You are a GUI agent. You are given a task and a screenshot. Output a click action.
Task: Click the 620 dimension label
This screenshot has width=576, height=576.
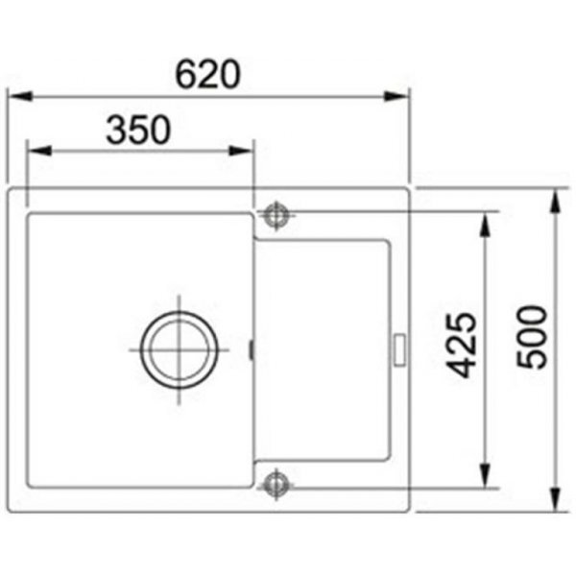tap(208, 75)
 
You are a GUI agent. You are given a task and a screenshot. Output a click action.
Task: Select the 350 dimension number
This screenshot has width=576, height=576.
tap(138, 130)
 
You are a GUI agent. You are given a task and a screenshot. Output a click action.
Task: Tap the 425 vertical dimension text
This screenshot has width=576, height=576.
tap(461, 345)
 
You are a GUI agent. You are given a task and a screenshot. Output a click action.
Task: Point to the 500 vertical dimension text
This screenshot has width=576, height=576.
tap(532, 337)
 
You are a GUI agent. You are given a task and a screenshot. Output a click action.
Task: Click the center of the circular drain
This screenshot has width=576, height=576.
tap(180, 349)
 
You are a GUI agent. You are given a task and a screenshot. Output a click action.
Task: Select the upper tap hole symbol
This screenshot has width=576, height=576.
tap(276, 216)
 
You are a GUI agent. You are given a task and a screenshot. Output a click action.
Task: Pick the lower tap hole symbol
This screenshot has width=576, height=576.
tap(276, 485)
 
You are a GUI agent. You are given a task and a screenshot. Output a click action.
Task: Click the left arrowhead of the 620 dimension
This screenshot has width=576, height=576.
tap(20, 97)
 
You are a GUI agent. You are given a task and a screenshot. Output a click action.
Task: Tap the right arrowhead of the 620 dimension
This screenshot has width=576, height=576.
tap(396, 97)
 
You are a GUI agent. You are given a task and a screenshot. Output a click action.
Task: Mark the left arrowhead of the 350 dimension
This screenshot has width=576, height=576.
tap(39, 151)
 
